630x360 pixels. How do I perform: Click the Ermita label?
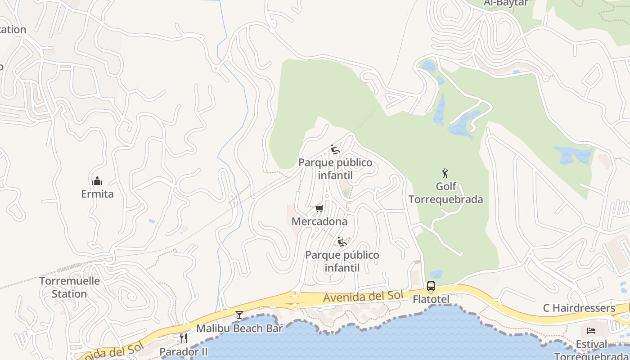[97, 194]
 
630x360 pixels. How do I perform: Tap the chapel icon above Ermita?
[97, 181]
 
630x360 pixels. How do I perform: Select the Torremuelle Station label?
[69, 287]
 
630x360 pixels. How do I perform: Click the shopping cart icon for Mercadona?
[319, 208]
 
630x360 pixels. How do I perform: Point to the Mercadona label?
[319, 221]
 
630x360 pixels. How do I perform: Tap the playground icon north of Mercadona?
[335, 149]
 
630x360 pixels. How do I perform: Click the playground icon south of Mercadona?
[342, 242]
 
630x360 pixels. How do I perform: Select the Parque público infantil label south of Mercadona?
[342, 261]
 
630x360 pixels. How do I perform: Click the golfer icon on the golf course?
[445, 173]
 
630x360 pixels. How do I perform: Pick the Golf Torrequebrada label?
[445, 193]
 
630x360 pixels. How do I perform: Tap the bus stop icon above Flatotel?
[431, 286]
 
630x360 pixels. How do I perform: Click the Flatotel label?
[431, 299]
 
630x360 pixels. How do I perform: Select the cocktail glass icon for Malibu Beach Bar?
[239, 315]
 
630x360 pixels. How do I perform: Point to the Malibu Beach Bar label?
[239, 328]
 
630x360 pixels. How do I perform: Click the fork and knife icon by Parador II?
[184, 338]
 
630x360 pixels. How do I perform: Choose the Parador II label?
[184, 351]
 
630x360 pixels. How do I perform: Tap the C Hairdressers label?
[579, 308]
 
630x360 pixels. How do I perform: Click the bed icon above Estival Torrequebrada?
[591, 331]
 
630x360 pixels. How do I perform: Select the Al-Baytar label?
[506, 3]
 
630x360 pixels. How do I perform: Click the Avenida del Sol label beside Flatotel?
[362, 297]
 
